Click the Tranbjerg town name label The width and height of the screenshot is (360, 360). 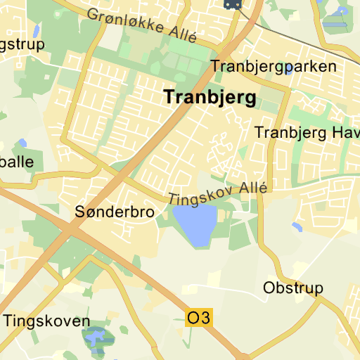[x=210, y=98]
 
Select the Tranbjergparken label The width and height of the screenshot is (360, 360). [x=274, y=67]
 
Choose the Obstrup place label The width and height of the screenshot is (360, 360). [x=292, y=288]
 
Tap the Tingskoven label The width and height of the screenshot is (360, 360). [x=46, y=321]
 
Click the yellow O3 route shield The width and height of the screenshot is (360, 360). [x=198, y=318]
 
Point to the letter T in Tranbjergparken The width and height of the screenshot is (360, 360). [x=215, y=67]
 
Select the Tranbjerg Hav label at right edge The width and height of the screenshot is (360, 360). [x=307, y=132]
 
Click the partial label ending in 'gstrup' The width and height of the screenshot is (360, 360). [x=21, y=44]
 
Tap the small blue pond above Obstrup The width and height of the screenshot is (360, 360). [x=297, y=227]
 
